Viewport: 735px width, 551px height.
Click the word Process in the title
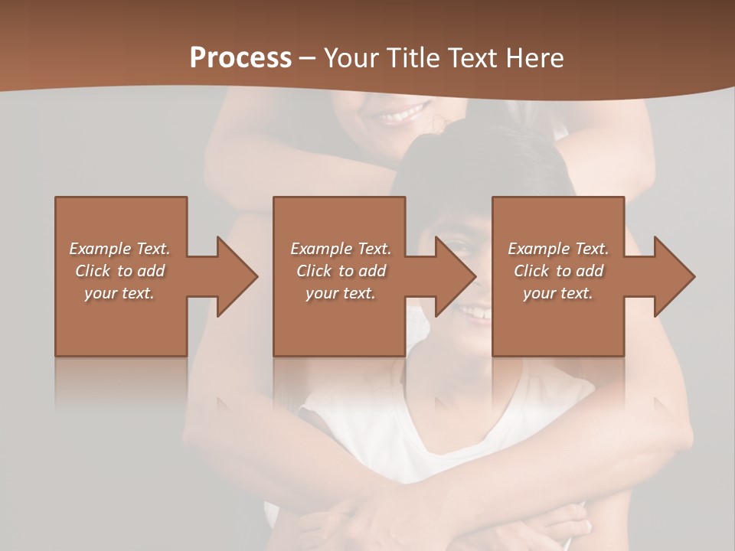point(240,58)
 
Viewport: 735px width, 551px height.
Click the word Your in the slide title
point(351,58)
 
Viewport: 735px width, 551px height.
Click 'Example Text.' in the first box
point(119,249)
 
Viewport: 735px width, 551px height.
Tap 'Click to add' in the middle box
point(341,271)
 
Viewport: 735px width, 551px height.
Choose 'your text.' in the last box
point(558,293)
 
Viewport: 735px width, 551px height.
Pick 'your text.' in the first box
point(119,293)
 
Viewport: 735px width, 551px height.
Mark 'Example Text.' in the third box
point(558,249)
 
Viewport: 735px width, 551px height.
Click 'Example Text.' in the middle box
point(341,249)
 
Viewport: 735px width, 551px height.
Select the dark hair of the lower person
point(475,165)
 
